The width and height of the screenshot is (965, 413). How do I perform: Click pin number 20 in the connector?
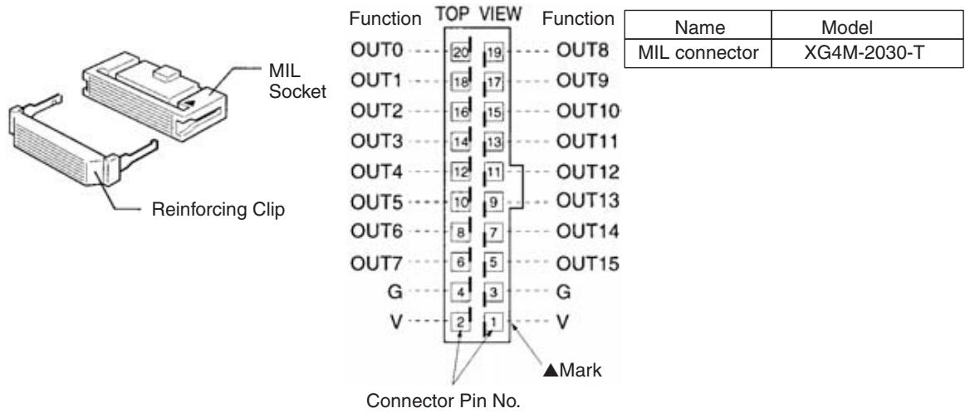(460, 51)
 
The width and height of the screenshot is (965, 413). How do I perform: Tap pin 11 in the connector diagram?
(494, 171)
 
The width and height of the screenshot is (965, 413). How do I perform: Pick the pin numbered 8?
(460, 231)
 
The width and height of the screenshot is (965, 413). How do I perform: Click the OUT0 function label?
(376, 51)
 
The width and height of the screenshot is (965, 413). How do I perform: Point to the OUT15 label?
(588, 263)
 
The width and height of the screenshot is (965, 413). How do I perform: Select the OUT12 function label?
(588, 172)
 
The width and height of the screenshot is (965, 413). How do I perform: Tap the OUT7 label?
(376, 263)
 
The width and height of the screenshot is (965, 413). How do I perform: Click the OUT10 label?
(588, 111)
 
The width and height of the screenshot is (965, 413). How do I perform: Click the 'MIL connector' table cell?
(698, 53)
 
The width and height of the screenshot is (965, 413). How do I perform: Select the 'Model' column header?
(847, 27)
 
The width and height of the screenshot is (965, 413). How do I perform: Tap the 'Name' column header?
(700, 27)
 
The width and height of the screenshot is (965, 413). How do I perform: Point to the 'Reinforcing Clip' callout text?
(218, 210)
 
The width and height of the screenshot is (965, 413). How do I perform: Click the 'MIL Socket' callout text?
(297, 82)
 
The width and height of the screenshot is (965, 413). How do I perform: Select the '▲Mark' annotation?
(572, 371)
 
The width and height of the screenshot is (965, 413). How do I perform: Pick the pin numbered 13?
(494, 141)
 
